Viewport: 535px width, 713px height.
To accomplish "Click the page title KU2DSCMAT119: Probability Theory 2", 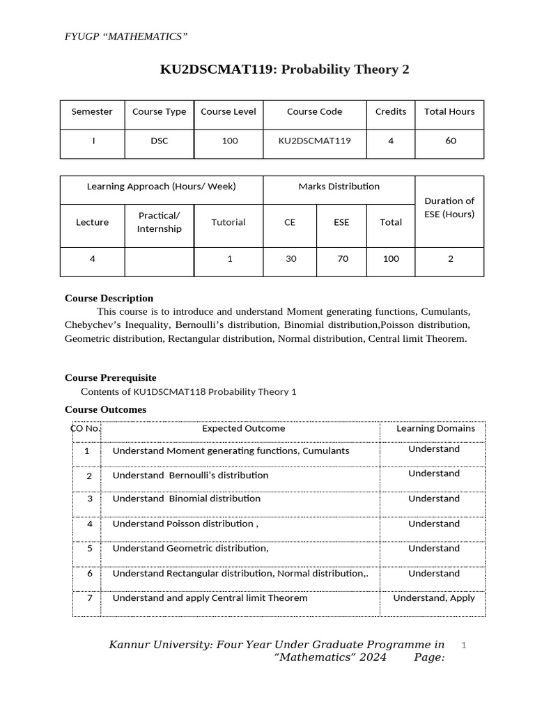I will coord(284,70).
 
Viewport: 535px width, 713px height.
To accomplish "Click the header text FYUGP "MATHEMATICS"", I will coord(126,36).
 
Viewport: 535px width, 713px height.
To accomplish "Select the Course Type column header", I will coord(159,111).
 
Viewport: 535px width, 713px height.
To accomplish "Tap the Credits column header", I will coord(390,111).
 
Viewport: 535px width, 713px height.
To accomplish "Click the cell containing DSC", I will coord(159,141).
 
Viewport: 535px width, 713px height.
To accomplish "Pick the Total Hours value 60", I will coord(450,141).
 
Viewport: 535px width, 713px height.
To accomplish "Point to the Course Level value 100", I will coord(229,141).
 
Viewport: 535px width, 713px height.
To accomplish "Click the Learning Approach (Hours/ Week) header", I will coord(161,187).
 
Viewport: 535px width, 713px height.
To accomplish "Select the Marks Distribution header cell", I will coord(339,187).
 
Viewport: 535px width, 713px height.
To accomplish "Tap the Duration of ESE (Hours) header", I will coord(449,207).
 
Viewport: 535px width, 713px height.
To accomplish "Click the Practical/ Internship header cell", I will coord(159,222).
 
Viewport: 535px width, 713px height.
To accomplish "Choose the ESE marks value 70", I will coord(341,259).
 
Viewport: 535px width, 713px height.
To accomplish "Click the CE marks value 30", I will coord(290,259).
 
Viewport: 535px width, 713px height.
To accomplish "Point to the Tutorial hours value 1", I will coord(229,259).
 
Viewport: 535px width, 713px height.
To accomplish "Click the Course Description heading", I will coord(109,298).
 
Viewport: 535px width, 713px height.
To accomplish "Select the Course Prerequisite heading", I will coord(110,377).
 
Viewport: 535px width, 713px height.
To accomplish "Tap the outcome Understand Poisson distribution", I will coord(185,524).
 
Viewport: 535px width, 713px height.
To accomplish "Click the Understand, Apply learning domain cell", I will coord(433,598).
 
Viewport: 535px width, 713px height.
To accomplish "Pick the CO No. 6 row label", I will coord(89,574).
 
